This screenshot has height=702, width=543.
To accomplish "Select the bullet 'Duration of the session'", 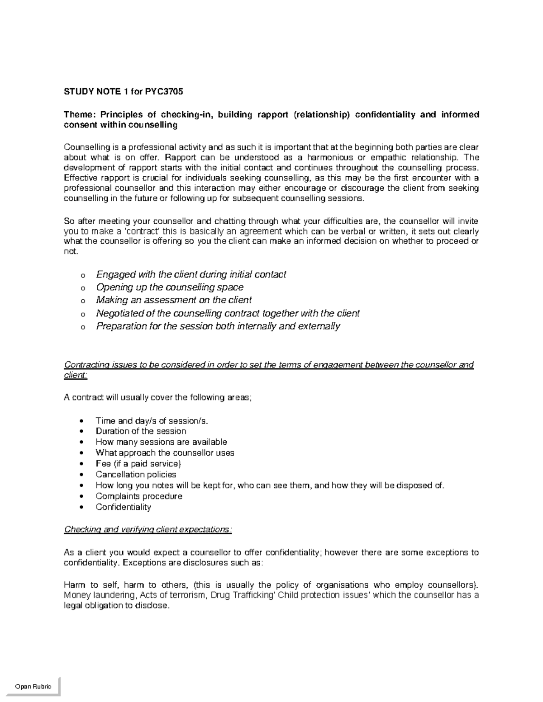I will click(141, 431).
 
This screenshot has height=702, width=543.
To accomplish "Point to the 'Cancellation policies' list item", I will click(136, 474).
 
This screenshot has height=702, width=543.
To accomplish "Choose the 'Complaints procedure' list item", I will click(139, 496).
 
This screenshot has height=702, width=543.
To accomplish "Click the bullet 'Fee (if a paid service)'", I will click(138, 463).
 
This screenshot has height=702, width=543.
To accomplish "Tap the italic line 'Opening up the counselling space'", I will click(170, 287).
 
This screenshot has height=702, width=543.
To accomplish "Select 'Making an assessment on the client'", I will click(174, 300).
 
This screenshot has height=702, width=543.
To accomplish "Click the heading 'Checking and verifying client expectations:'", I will click(148, 529).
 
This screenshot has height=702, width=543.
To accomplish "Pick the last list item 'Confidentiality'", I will click(123, 507).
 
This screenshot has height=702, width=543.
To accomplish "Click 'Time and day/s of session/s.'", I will click(152, 420).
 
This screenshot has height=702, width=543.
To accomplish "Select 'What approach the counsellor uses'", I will click(165, 452).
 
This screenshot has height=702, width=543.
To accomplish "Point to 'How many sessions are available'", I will click(161, 442).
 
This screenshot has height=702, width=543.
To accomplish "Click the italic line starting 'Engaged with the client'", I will click(191, 274).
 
